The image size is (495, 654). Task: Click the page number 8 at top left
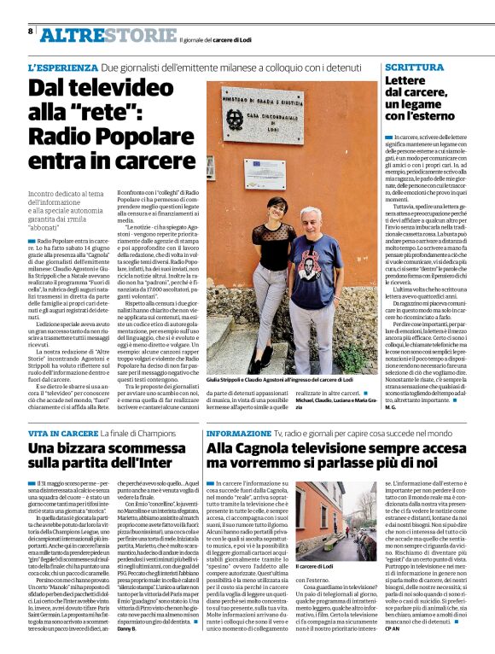pos(31,31)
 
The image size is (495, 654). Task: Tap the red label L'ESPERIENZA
pos(61,67)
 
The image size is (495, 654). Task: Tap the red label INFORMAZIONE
pos(237,434)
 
